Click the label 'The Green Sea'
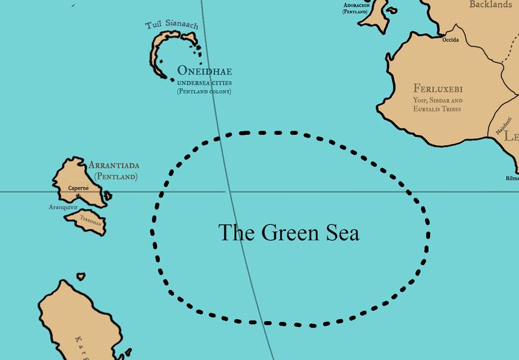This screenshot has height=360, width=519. click(288, 233)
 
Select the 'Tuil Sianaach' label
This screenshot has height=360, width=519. click(173, 26)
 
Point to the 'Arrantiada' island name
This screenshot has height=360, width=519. click(114, 165)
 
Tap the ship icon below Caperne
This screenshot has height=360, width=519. click(78, 195)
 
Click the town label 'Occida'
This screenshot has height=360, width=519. click(450, 40)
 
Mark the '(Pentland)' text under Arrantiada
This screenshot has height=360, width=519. click(116, 176)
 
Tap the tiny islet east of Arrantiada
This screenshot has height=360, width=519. click(108, 195)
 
